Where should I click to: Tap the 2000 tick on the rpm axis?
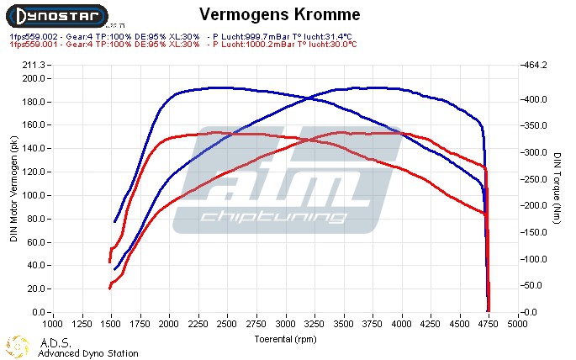(169, 322)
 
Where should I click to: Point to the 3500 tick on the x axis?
(344, 322)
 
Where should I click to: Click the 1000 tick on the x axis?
(53, 322)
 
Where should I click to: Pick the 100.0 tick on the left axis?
(34, 195)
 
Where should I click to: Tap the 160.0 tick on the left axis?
(34, 125)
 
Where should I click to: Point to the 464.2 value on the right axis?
(536, 65)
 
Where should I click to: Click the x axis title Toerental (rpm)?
(285, 338)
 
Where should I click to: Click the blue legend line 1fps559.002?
(182, 37)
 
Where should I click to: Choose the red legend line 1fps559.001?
(182, 45)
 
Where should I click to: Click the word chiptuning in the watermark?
(272, 218)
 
